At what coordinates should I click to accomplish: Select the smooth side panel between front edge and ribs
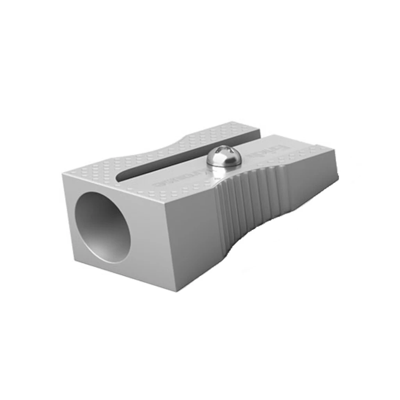click(x=191, y=234)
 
